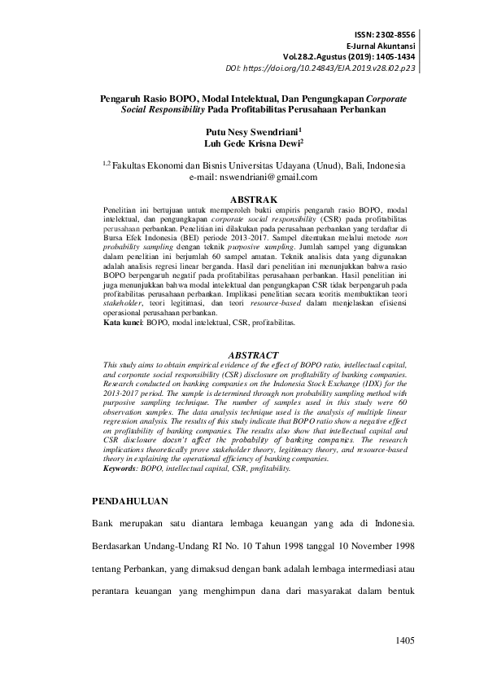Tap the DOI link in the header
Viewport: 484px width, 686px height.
pos(330,69)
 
